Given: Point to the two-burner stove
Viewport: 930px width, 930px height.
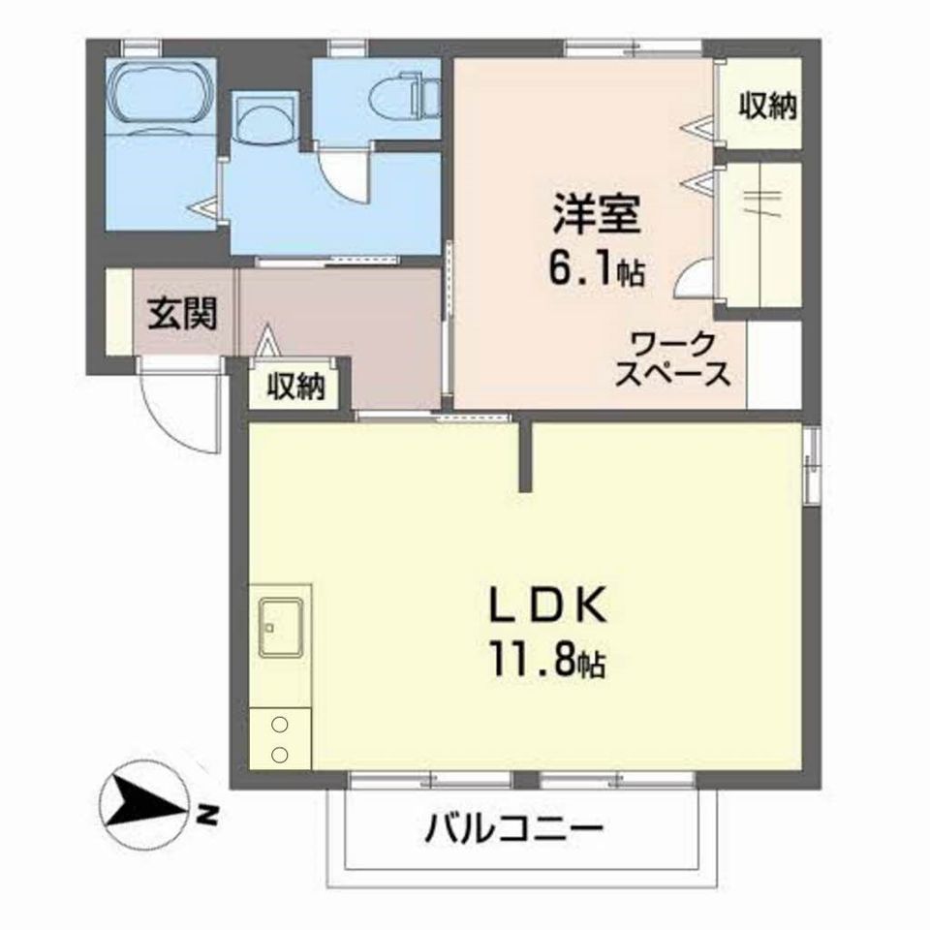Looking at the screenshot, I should click(280, 738).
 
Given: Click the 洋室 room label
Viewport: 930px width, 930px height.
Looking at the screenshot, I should click(596, 215).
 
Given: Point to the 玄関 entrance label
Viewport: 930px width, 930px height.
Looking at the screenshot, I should click(181, 314).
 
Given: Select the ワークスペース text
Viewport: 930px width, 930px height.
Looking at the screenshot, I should click(674, 358).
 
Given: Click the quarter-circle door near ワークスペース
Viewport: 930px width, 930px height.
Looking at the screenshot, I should click(696, 279).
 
